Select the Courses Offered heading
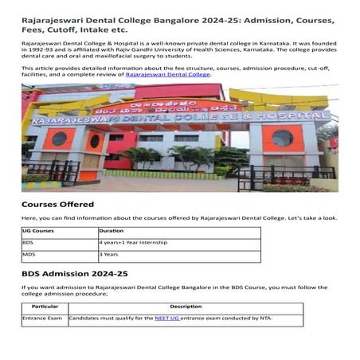(56, 205)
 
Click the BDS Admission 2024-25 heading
(74, 274)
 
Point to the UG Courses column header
(39, 229)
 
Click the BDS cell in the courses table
(28, 242)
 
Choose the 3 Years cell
(109, 255)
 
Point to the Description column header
(185, 306)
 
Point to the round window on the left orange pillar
(59, 138)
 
